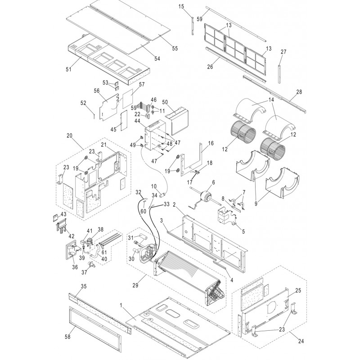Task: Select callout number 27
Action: pyautogui.click(x=283, y=52)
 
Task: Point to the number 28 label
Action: pyautogui.click(x=300, y=92)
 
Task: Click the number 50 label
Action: pyautogui.click(x=165, y=103)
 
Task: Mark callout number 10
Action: pyautogui.click(x=153, y=186)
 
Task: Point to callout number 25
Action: pyautogui.click(x=297, y=290)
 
